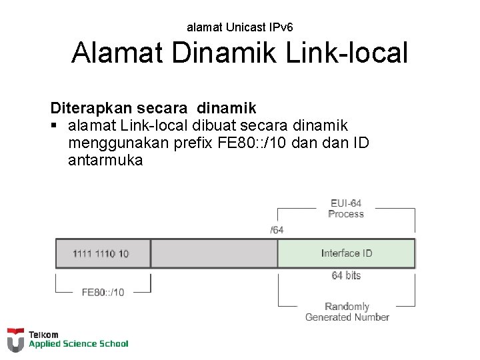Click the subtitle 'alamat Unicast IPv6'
(239, 27)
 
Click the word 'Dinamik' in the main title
(223, 53)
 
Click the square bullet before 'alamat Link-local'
(54, 125)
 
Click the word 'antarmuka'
(105, 161)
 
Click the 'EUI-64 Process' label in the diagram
(346, 209)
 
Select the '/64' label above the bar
(276, 230)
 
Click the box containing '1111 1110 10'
(102, 253)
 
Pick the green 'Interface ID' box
(346, 253)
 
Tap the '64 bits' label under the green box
(346, 275)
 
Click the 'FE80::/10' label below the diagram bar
(103, 292)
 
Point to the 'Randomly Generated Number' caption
(347, 312)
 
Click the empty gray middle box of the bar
(214, 253)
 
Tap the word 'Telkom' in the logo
(43, 334)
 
